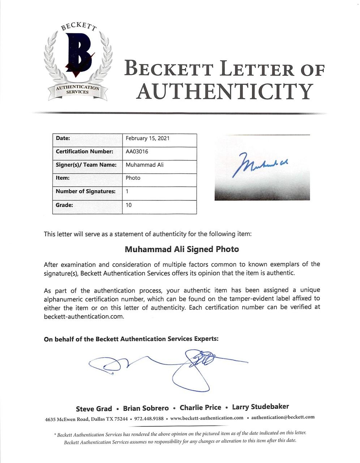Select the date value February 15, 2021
pyautogui.click(x=147, y=139)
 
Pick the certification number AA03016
pyautogui.click(x=137, y=152)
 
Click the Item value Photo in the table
pyautogui.click(x=133, y=178)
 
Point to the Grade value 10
pyautogui.click(x=129, y=205)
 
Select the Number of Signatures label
pyautogui.click(x=86, y=191)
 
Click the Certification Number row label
pyautogui.click(x=84, y=152)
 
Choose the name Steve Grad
pyautogui.click(x=94, y=409)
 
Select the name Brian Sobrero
pyautogui.click(x=146, y=408)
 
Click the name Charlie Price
pyautogui.click(x=200, y=408)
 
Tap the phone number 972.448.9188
pyautogui.click(x=149, y=419)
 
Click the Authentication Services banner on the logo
pyautogui.click(x=77, y=90)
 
